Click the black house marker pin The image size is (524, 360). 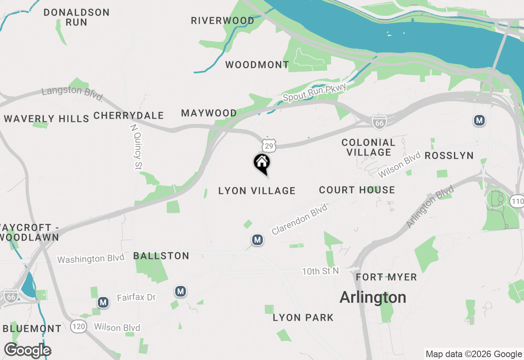[x=262, y=163]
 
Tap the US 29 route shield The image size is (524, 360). [x=269, y=145]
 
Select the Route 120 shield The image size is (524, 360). [x=78, y=326]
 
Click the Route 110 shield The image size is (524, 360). [x=517, y=201]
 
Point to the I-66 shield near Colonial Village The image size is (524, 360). [x=379, y=122]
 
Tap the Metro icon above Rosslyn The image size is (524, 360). [x=479, y=120]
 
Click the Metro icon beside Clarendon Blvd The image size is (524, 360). [x=257, y=240]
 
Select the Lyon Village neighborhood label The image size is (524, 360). [x=257, y=191]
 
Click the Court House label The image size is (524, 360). [x=357, y=190]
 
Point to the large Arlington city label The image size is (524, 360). [x=373, y=297]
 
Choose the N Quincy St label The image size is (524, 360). [x=136, y=146]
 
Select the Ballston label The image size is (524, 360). [x=161, y=256]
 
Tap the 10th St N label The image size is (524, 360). [x=321, y=271]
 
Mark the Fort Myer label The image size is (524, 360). [x=386, y=277]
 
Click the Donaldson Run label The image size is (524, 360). [x=77, y=17]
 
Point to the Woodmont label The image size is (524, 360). [x=257, y=65]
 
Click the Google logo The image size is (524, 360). [x=27, y=350]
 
